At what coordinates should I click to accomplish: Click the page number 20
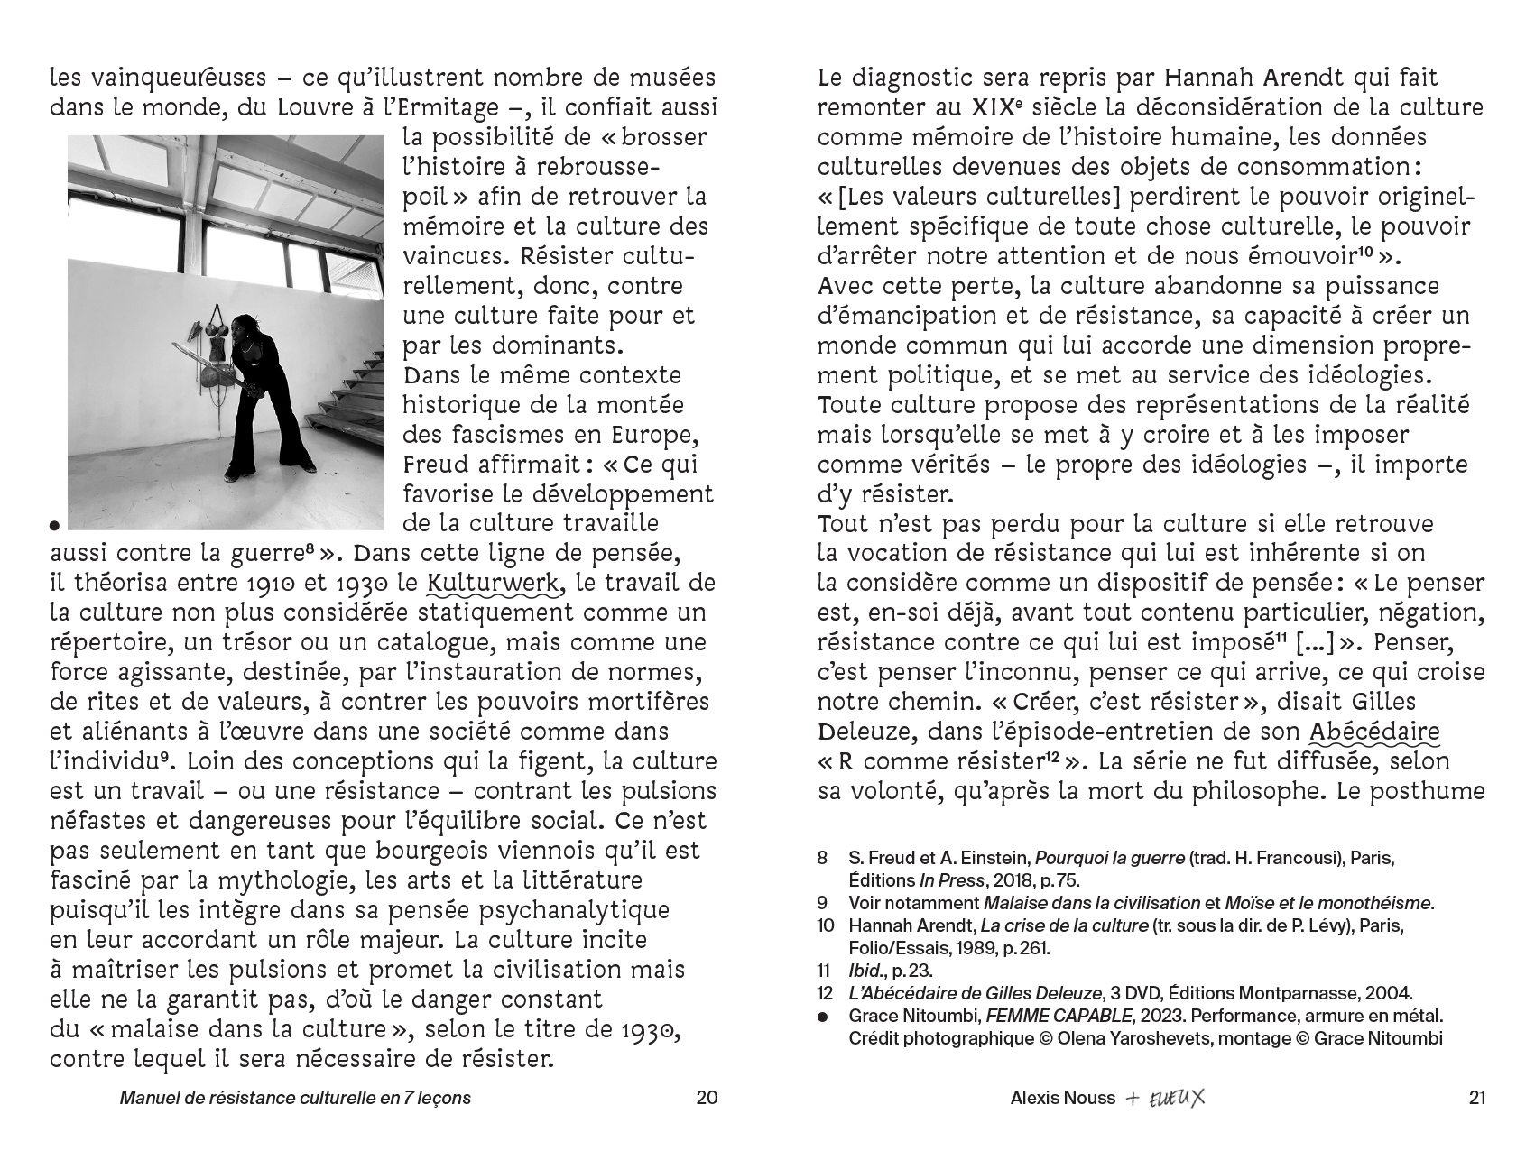707,1098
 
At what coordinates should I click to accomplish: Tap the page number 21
1476,1098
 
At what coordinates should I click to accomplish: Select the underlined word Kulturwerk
493,583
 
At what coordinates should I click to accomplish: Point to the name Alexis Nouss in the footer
1062,1098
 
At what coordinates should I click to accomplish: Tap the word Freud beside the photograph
437,465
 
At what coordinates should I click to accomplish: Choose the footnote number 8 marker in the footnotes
822,857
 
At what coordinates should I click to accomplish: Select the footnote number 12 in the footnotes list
825,993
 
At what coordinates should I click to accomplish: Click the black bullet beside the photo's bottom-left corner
55,524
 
